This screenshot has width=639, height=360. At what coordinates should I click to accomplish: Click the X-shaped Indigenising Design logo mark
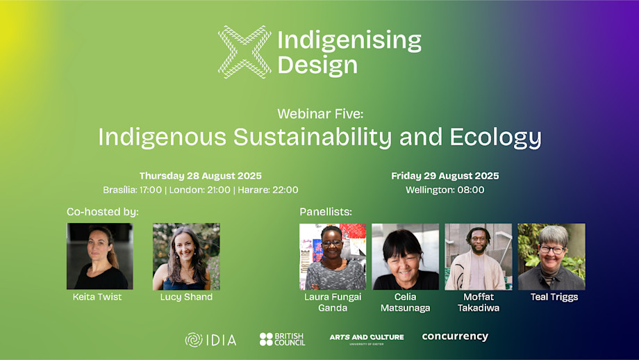click(x=244, y=52)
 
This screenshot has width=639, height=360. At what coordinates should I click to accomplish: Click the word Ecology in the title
click(x=495, y=138)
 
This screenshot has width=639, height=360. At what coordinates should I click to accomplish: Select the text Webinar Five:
click(x=320, y=114)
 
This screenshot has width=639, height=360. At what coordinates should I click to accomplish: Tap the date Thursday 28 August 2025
click(x=201, y=176)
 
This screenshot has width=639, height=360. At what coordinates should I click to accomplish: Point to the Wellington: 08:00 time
click(x=445, y=190)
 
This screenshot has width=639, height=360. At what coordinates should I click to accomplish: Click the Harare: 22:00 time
click(x=268, y=190)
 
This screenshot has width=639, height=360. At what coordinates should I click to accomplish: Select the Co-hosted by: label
click(x=103, y=212)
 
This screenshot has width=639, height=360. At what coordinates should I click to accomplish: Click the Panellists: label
click(x=326, y=212)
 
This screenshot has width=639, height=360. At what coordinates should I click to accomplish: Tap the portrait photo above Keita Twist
click(x=100, y=256)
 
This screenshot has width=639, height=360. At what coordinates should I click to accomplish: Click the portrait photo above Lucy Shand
click(x=186, y=256)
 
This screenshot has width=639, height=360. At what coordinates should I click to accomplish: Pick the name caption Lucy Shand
click(x=186, y=297)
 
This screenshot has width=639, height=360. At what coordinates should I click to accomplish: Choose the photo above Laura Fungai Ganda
click(x=333, y=256)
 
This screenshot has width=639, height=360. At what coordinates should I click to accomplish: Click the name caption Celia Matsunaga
click(x=405, y=302)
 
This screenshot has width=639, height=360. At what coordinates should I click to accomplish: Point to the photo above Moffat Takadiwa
click(x=479, y=256)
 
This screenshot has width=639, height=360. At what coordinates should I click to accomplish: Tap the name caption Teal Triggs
click(x=554, y=297)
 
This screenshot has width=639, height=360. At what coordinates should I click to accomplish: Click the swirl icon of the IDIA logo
click(x=194, y=340)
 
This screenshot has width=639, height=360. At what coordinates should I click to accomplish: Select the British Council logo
click(x=282, y=339)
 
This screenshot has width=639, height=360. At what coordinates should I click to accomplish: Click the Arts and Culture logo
click(x=367, y=338)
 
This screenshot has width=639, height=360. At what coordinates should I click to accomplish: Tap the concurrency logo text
click(x=455, y=336)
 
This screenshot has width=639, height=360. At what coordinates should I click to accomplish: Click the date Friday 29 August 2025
click(x=445, y=176)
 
